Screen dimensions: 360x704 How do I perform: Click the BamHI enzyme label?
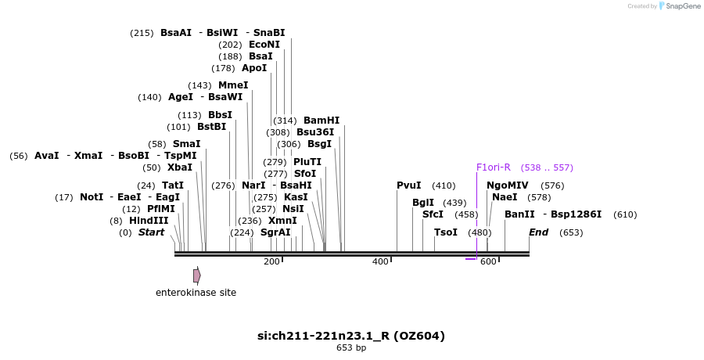coord(321,121)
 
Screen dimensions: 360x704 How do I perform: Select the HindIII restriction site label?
coord(149,221)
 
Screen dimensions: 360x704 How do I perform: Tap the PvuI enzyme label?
coord(409,185)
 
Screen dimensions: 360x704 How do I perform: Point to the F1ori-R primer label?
coord(493,167)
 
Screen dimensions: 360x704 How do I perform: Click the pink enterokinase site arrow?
coord(197,275)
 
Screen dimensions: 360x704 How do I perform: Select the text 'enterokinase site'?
coord(196,293)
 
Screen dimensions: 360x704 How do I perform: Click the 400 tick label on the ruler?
coord(380,261)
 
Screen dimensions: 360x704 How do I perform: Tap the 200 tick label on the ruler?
coord(271,261)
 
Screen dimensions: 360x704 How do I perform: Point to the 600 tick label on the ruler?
coord(488,261)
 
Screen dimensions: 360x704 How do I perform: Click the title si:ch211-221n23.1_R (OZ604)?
coord(351,336)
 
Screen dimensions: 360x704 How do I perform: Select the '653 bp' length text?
coord(351,347)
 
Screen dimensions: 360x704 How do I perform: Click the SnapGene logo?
coord(677,6)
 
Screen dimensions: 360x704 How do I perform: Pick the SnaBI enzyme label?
coord(269,33)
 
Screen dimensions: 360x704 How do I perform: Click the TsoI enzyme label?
coord(446,232)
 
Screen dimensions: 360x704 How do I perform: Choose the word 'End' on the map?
coord(539,232)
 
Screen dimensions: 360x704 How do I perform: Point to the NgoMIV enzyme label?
coord(508,185)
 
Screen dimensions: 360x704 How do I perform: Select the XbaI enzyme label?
coord(180,167)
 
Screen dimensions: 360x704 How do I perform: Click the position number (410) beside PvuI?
coord(444,185)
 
